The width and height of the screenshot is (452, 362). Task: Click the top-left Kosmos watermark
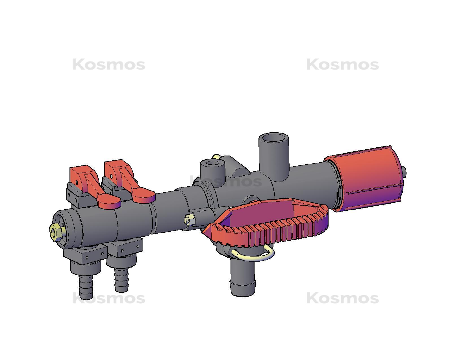(109, 65)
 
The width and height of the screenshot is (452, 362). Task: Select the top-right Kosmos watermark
(342, 65)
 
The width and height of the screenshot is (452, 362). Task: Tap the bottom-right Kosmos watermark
(342, 298)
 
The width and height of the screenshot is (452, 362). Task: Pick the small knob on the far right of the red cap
(404, 171)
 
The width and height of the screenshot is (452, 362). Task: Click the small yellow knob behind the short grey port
(217, 156)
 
